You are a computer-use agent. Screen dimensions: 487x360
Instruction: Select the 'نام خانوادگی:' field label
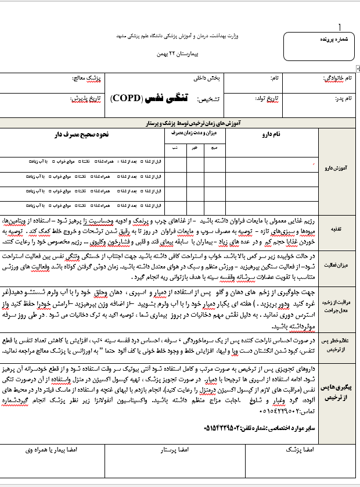pyautogui.click(x=336, y=77)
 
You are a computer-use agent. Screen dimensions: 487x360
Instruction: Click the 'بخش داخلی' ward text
pyautogui.click(x=206, y=77)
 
